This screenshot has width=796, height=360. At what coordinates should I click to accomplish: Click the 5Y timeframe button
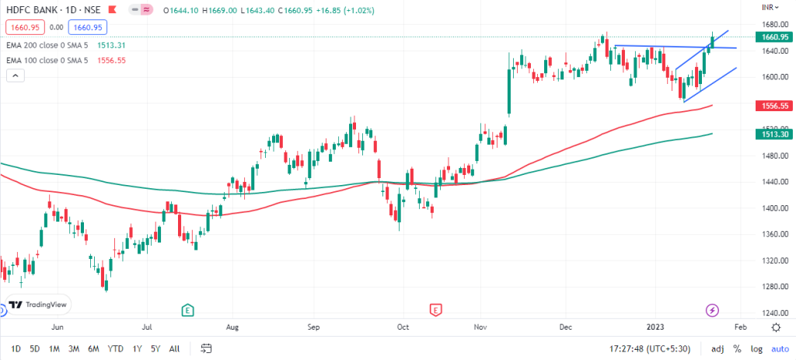tap(156, 348)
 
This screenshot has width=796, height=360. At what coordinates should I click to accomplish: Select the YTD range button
tap(115, 348)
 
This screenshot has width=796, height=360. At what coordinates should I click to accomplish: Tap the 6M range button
tap(93, 348)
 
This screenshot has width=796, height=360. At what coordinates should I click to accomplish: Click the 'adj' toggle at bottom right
tap(717, 348)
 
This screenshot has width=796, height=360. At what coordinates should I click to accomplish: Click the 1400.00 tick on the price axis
tap(771, 208)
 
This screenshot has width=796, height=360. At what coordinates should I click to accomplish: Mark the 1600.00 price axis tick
tap(771, 78)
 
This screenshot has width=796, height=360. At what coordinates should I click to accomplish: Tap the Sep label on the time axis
tap(314, 328)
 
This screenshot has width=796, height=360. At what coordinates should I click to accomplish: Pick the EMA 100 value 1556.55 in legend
tap(112, 60)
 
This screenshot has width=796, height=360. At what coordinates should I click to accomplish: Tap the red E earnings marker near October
tap(435, 310)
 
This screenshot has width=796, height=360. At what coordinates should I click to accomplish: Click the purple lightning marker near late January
tap(713, 310)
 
